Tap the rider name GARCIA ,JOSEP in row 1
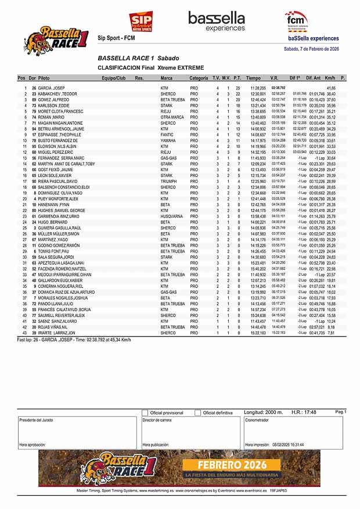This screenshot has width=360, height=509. coord(52,88)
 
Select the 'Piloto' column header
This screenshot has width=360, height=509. coord(44,78)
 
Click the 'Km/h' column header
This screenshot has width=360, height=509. coord(330,78)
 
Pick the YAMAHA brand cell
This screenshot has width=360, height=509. coord(169,140)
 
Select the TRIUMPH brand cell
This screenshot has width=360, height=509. coord(170,181)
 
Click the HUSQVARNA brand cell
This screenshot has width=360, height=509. coord(172,216)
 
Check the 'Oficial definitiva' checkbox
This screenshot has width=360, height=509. coord(198,413)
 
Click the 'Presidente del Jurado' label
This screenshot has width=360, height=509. coord(36,420)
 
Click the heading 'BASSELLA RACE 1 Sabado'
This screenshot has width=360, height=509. coord(138,59)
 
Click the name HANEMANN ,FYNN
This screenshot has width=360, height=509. coord(55,204)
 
